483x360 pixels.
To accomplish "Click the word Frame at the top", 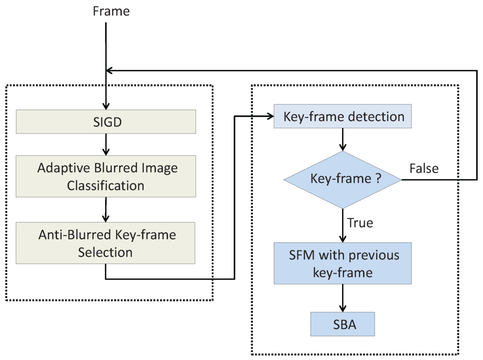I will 111,11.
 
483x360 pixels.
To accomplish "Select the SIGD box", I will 106,122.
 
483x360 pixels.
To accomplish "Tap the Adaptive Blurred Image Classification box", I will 106,176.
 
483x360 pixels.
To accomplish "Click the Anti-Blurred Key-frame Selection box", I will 106,243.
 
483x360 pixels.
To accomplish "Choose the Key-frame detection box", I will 343,117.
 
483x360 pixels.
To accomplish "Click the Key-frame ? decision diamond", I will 342,180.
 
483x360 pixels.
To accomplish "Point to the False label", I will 424,168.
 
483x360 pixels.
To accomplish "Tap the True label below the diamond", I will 360,222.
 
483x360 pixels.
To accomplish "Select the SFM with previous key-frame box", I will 343,263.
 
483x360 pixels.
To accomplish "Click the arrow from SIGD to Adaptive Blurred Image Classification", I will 106,144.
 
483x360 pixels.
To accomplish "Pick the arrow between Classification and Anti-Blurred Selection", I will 106,210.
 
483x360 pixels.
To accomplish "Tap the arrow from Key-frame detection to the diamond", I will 343,140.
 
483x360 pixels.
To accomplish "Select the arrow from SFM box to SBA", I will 343,298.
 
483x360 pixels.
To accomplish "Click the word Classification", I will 106,185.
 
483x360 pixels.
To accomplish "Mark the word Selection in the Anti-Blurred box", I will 106,252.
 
